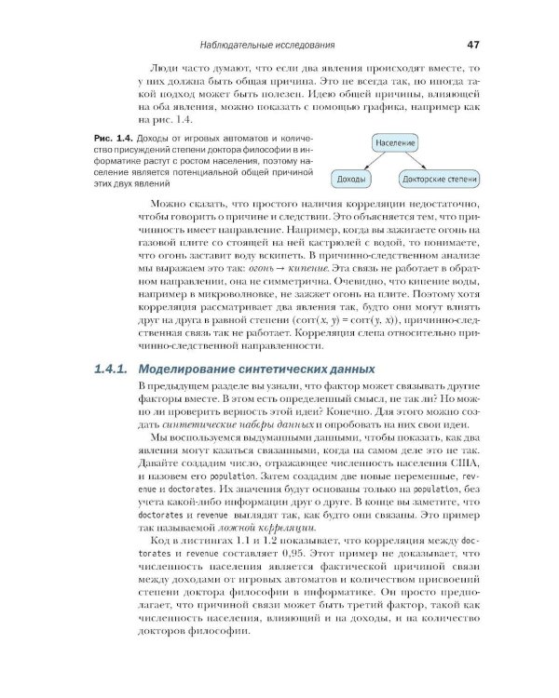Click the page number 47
point(472,44)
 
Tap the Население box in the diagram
point(396,143)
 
